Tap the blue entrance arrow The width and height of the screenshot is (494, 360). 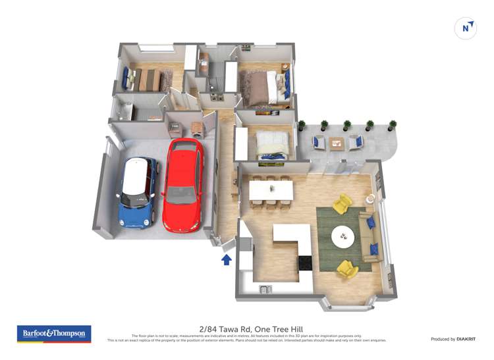coord(227,259)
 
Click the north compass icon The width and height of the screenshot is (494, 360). coord(466,28)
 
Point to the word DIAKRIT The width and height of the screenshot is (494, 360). coord(462,339)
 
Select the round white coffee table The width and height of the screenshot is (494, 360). coord(343,236)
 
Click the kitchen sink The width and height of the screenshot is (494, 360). coord(265,289)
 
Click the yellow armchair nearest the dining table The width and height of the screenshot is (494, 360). coord(341,205)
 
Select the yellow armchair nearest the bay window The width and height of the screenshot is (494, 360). coord(347,269)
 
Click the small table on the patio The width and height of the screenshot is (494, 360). coord(337,142)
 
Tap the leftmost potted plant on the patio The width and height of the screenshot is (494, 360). coord(302,125)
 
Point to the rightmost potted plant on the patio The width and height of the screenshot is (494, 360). coord(393,124)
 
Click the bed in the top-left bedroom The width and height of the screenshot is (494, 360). coord(148,79)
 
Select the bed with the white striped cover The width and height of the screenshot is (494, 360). coord(270,143)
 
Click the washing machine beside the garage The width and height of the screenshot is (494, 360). coord(196,127)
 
